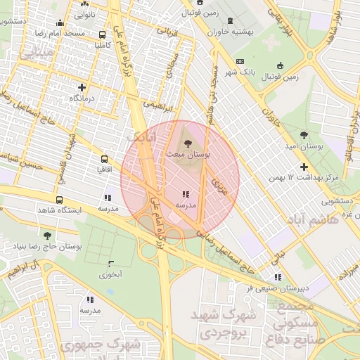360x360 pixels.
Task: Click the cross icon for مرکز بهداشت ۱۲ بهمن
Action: [304, 167]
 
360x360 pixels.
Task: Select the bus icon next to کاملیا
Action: [103, 34]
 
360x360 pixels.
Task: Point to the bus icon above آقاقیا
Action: [103, 159]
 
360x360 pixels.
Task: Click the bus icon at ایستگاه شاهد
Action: [58, 199]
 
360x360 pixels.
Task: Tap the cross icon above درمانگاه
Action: [82, 88]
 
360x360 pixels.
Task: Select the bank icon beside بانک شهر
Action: [240, 62]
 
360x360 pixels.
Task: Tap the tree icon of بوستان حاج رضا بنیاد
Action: [47, 236]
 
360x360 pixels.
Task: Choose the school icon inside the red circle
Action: [185, 194]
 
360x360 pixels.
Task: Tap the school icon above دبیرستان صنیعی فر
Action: [277, 277]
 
